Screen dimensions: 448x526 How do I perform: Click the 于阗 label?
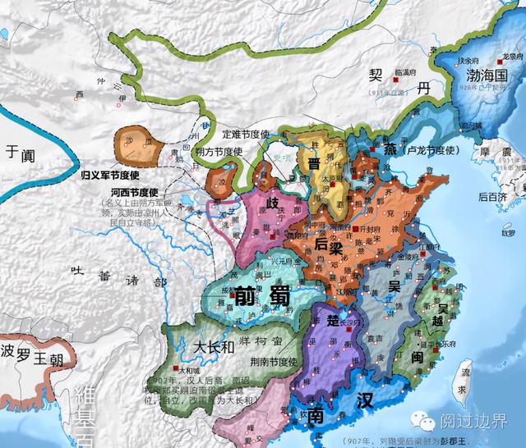click(22, 153)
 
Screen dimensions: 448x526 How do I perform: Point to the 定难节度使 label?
click(251, 132)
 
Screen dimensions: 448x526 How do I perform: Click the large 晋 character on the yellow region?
click(315, 162)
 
